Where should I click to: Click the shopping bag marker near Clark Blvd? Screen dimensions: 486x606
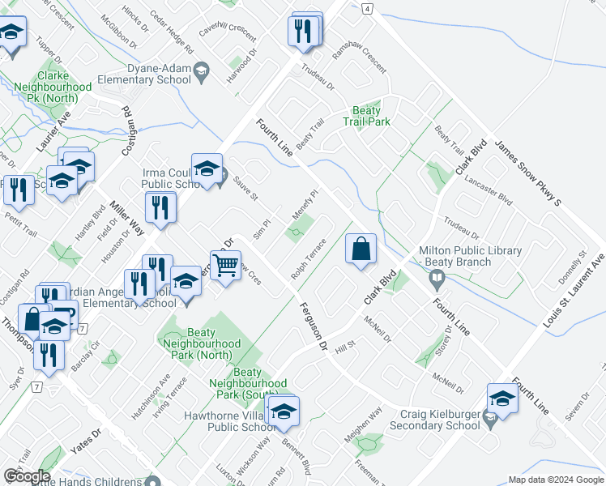361,249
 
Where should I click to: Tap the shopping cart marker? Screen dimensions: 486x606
225,264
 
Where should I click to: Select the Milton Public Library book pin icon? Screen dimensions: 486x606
437,279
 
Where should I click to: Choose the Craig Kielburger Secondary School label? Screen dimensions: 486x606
434,420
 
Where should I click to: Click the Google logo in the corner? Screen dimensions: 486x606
26,476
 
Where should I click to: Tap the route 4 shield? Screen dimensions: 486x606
368,8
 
